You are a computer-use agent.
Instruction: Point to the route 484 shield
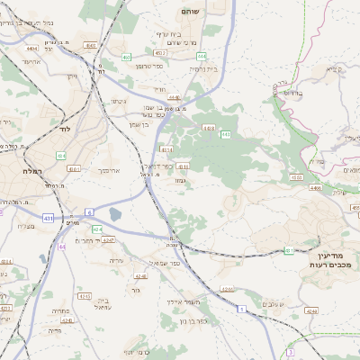click(x=61, y=155)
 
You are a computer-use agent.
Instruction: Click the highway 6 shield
click(x=90, y=211)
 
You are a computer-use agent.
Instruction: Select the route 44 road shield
click(x=61, y=246)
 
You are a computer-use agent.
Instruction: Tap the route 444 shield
click(x=201, y=56)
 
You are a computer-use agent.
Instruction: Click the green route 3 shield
click(x=241, y=309)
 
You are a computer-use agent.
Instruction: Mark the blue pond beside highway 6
click(x=114, y=215)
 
